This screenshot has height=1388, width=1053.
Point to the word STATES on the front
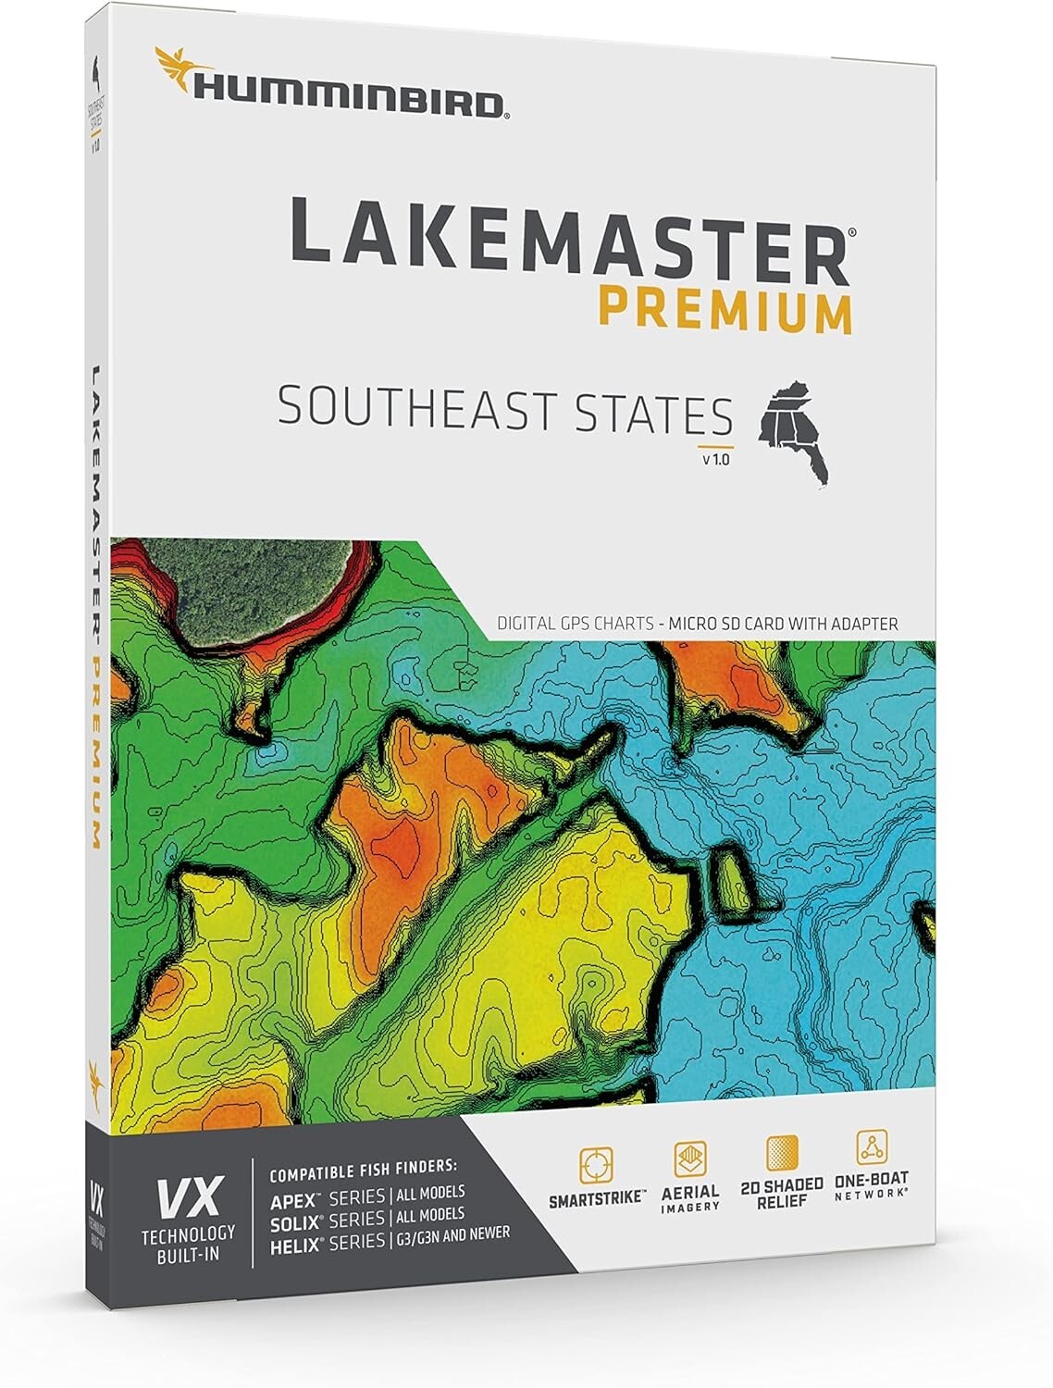coord(653,413)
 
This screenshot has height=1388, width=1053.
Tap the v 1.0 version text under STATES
coord(715,457)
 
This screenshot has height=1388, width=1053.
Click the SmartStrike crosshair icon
coord(597,1165)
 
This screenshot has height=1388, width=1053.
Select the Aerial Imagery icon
coord(690,1159)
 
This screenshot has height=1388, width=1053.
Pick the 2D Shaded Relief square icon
coord(783,1153)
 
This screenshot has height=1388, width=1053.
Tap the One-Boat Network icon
coord(872,1146)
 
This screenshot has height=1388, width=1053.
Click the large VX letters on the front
coord(188,1199)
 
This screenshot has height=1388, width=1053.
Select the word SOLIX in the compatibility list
coord(293,1221)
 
